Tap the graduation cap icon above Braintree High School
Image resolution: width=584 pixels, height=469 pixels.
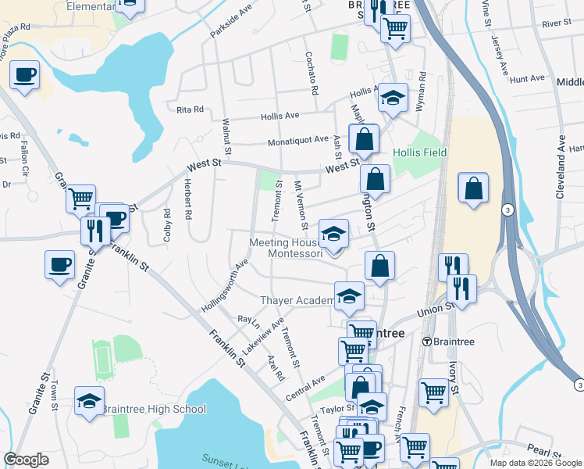click(90, 401)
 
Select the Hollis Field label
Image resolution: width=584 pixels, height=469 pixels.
click(418, 152)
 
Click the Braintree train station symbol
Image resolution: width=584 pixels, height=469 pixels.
click(427, 342)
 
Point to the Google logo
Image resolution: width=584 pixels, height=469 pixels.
click(26, 460)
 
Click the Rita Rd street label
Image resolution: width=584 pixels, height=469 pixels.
click(190, 109)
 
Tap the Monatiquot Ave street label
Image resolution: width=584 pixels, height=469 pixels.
click(298, 139)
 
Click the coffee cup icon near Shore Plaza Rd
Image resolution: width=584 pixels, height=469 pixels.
click(24, 74)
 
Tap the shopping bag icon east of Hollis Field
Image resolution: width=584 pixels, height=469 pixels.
click(474, 188)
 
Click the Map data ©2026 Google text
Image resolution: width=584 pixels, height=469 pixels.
click(536, 463)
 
